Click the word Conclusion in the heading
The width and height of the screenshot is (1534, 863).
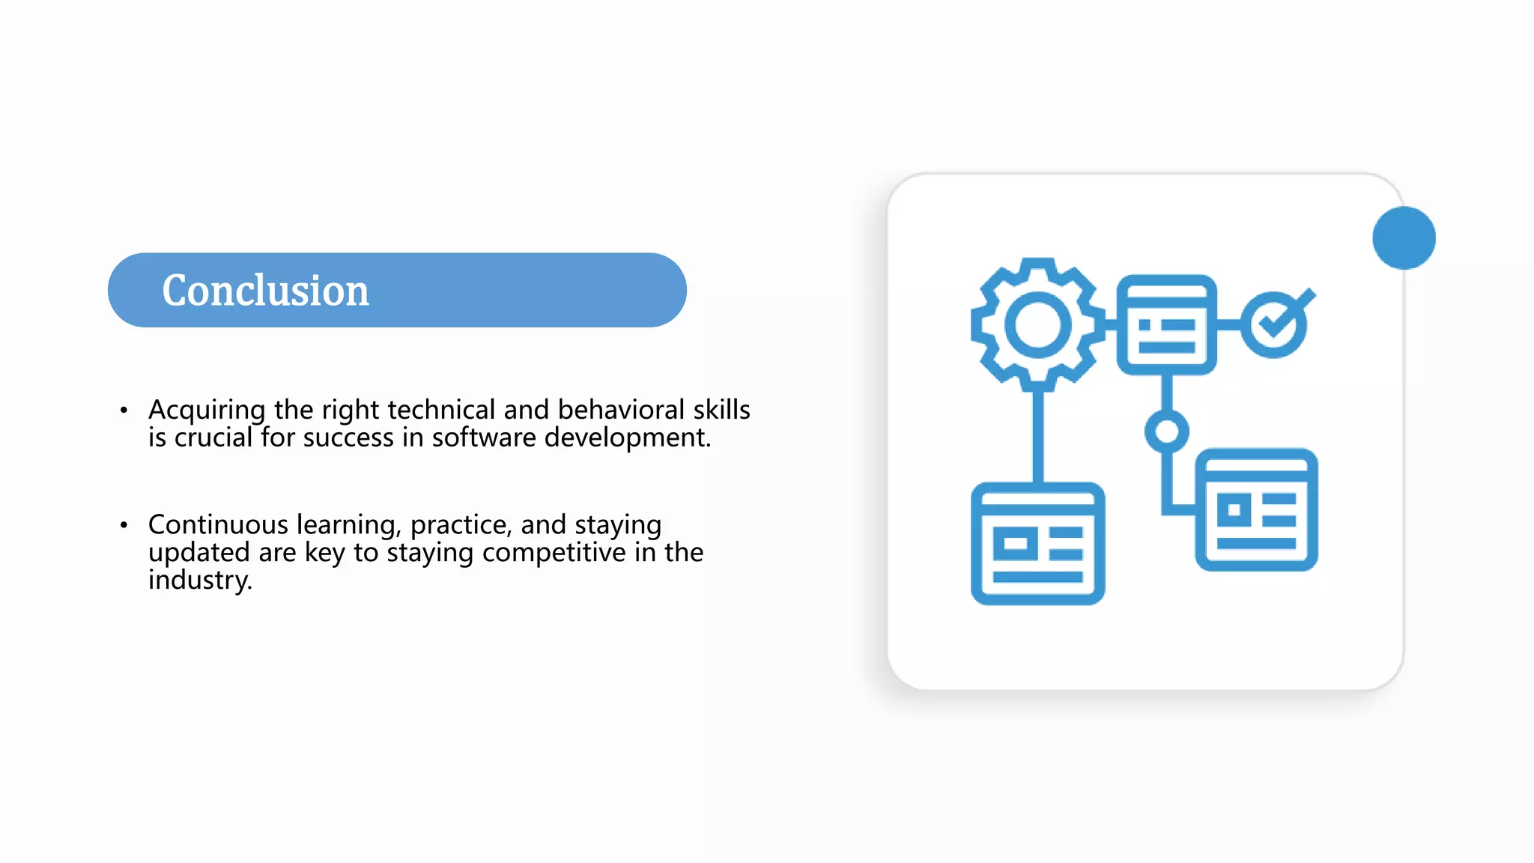click(265, 291)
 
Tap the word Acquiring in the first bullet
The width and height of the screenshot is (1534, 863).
click(207, 411)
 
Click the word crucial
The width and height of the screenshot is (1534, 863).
click(213, 437)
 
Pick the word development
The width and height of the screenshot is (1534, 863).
click(627, 438)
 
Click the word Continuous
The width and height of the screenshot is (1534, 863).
click(218, 524)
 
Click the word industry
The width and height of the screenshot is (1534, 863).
click(199, 581)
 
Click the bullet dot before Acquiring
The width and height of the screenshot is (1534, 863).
click(124, 410)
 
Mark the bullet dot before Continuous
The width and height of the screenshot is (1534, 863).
click(124, 525)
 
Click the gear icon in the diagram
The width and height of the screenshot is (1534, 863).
click(1037, 324)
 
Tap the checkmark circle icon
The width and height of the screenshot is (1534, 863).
click(1276, 324)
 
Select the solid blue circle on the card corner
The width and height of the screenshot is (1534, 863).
click(1404, 237)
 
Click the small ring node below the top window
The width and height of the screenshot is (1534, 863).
click(1166, 431)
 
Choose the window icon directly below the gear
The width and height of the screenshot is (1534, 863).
click(1037, 544)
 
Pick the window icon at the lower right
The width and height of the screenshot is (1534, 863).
click(1256, 509)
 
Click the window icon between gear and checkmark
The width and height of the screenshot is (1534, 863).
click(1166, 324)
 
